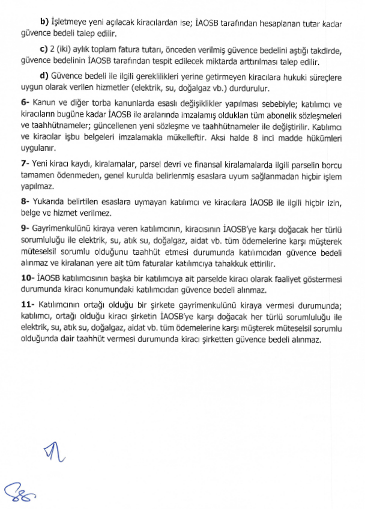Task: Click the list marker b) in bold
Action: pyautogui.click(x=43, y=23)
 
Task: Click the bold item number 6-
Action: pyautogui.click(x=25, y=103)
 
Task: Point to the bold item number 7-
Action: pyautogui.click(x=25, y=163)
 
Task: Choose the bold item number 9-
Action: pyautogui.click(x=25, y=228)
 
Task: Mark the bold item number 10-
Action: pyautogui.click(x=28, y=279)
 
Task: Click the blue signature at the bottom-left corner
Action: pyautogui.click(x=18, y=493)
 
